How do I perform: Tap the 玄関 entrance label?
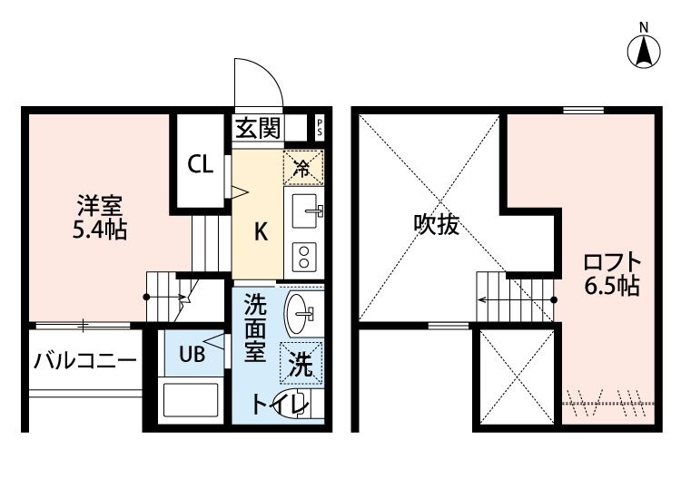pos(258,128)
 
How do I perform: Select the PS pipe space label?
pos(320,127)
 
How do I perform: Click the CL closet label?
pos(200,164)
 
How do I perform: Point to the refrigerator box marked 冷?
pos(301,165)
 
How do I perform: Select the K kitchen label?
pos(260,232)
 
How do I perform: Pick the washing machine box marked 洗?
pos(301,365)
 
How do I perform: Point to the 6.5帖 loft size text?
pos(611,287)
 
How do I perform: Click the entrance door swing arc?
pos(258,82)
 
